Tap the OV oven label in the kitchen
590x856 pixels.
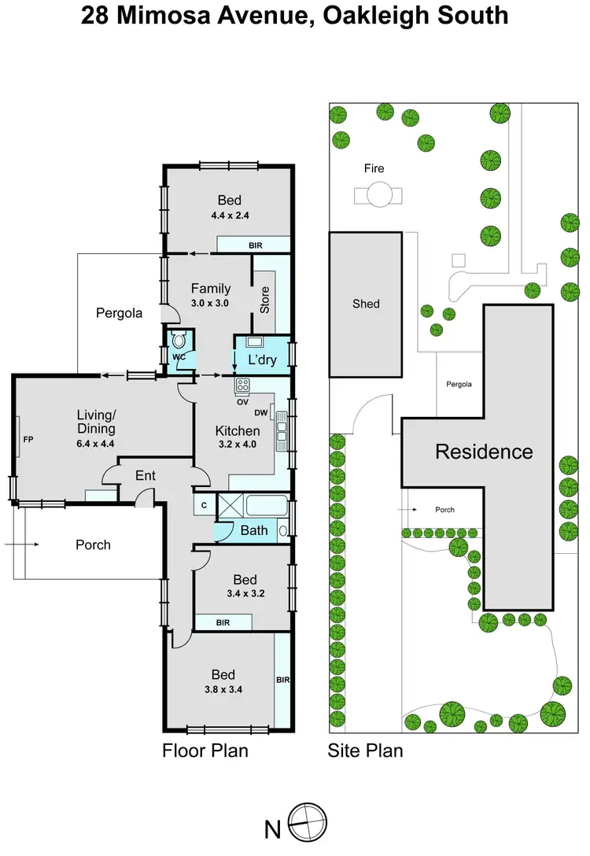pos(242,401)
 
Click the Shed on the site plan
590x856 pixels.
pos(366,304)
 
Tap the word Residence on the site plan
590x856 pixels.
pos(484,452)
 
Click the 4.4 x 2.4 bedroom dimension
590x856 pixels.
pos(229,215)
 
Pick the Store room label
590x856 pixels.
pos(265,299)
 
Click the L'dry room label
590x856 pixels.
pos(261,360)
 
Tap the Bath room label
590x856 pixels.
pos(253,530)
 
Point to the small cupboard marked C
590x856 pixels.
pos(204,505)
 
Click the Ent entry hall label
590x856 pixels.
pos(146,475)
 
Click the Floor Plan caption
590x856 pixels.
pos(205,750)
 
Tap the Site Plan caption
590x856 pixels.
pos(365,750)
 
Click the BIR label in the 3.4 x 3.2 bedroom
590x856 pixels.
pos(223,622)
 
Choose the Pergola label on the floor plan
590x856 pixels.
pos(119,312)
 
